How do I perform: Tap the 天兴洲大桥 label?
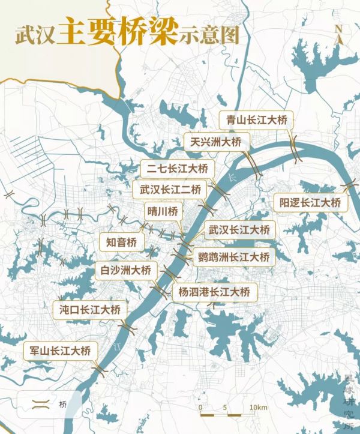215,142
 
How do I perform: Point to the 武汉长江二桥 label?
169,189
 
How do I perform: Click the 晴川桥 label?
162,211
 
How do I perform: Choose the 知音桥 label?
122,242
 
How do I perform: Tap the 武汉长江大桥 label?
239,230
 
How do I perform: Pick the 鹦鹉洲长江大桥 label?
234,258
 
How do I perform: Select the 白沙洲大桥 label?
126,270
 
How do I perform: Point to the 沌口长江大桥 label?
90,310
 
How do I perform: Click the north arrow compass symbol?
339,34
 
